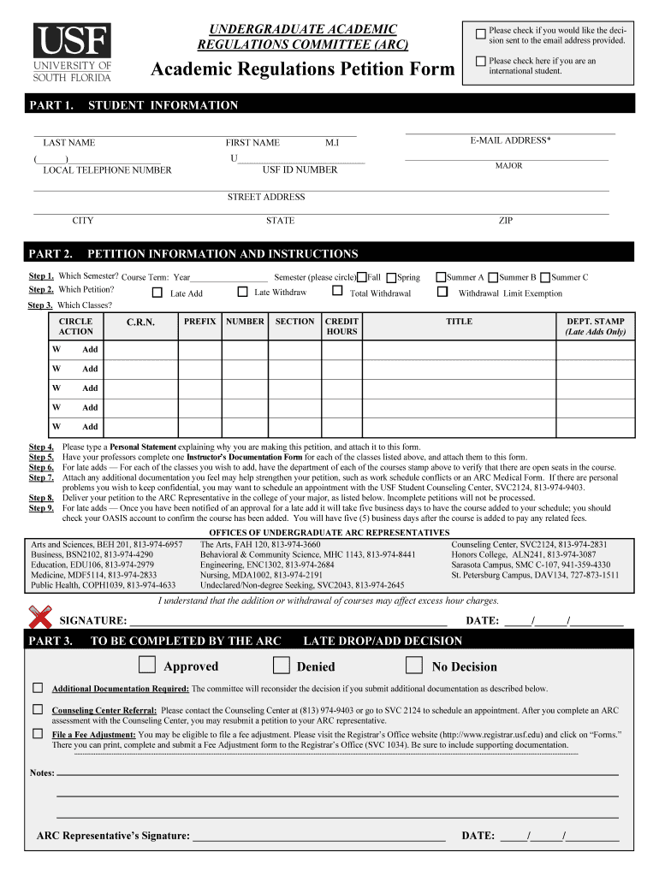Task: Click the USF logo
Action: (x=73, y=51)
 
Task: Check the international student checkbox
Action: (x=480, y=61)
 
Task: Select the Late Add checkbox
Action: (x=157, y=293)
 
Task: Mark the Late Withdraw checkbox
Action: (x=242, y=292)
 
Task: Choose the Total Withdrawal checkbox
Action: (x=337, y=292)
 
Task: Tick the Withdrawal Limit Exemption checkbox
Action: (x=442, y=292)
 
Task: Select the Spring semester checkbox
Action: (x=391, y=277)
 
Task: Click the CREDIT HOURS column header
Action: (x=341, y=326)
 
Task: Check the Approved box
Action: (x=147, y=666)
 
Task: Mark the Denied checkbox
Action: (x=281, y=666)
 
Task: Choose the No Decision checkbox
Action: (x=414, y=666)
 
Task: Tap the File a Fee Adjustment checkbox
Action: (x=38, y=733)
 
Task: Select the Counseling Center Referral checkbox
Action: (x=38, y=709)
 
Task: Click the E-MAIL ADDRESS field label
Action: (x=510, y=140)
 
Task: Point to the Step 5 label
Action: (x=42, y=457)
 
